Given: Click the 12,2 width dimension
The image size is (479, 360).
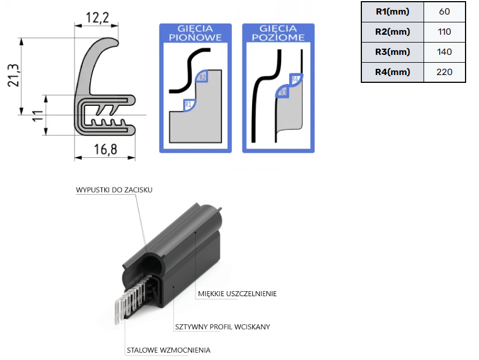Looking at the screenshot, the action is [97, 18].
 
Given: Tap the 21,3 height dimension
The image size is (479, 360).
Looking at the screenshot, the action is [13, 76].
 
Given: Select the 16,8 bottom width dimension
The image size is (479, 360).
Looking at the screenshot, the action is [105, 149].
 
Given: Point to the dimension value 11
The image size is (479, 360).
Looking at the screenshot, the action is [38, 116].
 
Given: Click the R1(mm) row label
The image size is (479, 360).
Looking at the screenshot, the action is [393, 12].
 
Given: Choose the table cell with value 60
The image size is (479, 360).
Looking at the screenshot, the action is [444, 12].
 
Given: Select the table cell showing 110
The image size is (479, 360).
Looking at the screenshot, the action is [444, 32].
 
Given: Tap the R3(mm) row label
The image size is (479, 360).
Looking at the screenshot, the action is [393, 52].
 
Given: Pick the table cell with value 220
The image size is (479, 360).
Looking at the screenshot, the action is [444, 72].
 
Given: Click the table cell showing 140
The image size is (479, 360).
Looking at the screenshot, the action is [444, 52].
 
